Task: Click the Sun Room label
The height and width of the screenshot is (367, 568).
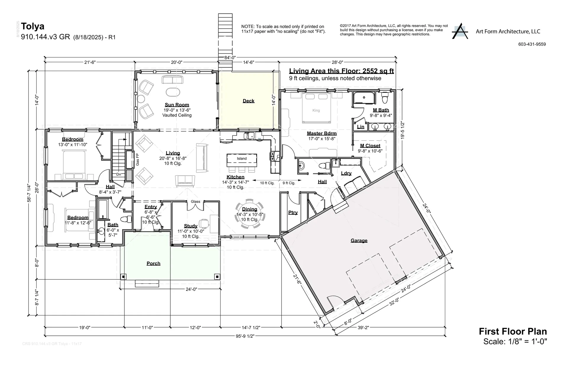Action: [177, 105]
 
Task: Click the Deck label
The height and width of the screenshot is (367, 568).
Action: [248, 101]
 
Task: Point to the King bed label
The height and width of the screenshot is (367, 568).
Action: [316, 110]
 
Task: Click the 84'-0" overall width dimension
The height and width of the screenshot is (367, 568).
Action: [230, 58]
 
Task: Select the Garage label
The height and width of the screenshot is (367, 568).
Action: [359, 240]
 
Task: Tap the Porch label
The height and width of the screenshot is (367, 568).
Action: [153, 263]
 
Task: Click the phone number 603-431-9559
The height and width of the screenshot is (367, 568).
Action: [532, 44]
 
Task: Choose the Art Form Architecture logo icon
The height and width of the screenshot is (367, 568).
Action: [460, 31]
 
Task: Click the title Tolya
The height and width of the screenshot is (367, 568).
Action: [33, 26]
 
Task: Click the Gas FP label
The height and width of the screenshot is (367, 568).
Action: [137, 160]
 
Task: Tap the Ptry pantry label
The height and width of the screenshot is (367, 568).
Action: [293, 212]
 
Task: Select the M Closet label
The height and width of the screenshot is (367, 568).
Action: [370, 145]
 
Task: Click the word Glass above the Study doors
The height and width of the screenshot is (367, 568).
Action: [195, 201]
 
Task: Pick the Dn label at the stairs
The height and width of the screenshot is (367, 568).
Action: [119, 174]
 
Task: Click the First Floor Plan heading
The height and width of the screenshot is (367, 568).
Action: [513, 331]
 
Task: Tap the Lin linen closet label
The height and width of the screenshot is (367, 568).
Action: [361, 127]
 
